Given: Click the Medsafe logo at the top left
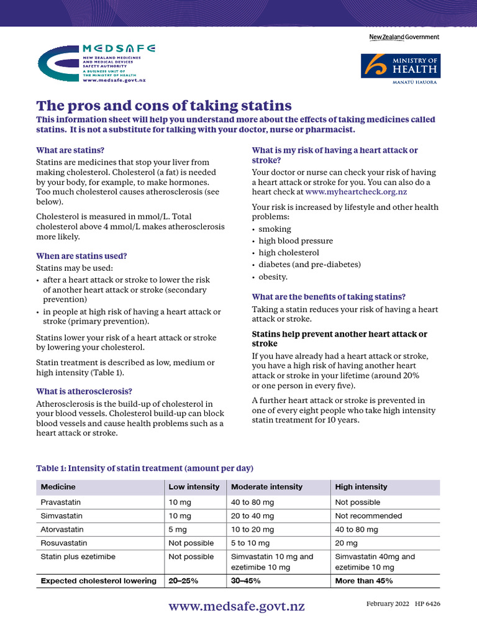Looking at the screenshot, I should (96, 64).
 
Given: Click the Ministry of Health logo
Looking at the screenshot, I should (401, 68).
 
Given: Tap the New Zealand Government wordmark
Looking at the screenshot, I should (404, 37).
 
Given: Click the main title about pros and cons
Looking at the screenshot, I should (164, 105).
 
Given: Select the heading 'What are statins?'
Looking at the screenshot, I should (70, 150).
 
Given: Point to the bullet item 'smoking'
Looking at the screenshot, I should (275, 229).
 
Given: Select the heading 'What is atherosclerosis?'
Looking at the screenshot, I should (84, 391).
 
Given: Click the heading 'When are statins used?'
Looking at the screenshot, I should (81, 256).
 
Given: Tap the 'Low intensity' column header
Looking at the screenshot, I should (194, 487).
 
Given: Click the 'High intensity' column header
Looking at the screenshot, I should (361, 487).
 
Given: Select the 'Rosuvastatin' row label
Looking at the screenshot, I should (63, 543).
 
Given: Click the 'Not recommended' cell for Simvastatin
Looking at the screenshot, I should (368, 516).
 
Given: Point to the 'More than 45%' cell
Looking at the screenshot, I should (363, 581).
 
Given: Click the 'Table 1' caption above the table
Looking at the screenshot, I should (145, 468).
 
